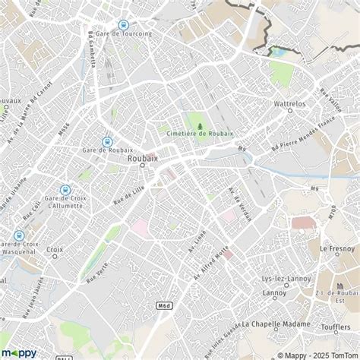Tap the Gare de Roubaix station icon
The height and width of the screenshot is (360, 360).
pyautogui.click(x=107, y=141)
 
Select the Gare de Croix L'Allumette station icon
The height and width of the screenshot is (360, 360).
pyautogui.click(x=65, y=191)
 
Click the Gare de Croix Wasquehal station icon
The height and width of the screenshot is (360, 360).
pyautogui.click(x=18, y=235)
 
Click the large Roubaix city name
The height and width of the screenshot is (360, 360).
pyautogui.click(x=144, y=158)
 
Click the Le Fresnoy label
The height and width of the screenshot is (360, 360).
pyautogui.click(x=333, y=248)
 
